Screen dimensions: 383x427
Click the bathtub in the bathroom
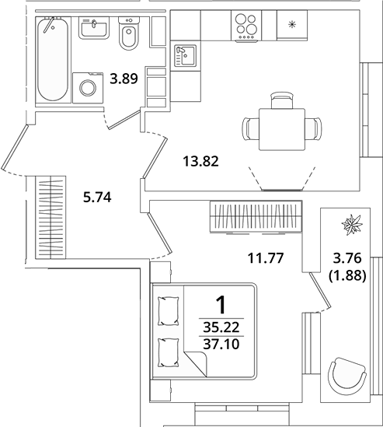(53, 59)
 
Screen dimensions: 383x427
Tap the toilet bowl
(128, 33)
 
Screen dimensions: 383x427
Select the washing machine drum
(88, 88)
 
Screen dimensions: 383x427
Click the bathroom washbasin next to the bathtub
(94, 28)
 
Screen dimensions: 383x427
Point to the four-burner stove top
(246, 26)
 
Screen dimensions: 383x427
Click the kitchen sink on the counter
(185, 56)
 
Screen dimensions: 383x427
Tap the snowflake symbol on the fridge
(292, 25)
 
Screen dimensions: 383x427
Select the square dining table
(282, 129)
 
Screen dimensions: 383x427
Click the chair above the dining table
(282, 100)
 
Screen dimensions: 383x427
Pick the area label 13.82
(200, 161)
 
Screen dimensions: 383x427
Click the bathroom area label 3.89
(124, 79)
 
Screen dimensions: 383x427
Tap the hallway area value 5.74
(97, 197)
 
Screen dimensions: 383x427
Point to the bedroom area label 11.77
(266, 258)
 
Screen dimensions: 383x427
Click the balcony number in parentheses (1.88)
(347, 276)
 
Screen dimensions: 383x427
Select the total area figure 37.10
(221, 344)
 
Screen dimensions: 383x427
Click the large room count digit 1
(221, 305)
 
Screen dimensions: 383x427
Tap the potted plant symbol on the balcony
(352, 225)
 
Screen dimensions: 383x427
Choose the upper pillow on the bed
(169, 311)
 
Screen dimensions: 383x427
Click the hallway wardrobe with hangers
(50, 217)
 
